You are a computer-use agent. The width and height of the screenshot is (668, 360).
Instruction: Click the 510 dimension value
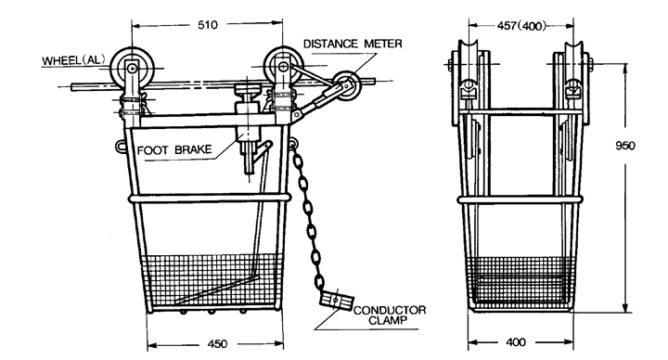point(208,25)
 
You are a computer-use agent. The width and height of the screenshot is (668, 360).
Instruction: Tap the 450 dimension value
point(218,343)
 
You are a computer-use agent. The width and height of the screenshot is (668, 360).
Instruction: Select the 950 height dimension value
point(625,146)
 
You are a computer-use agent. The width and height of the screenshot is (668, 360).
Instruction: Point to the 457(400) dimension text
point(521,26)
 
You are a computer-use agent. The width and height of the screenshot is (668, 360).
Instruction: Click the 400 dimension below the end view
point(516,342)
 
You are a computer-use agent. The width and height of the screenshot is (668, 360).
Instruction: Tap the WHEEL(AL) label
point(73,60)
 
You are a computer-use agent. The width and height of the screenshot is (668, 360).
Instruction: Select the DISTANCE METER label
point(353,44)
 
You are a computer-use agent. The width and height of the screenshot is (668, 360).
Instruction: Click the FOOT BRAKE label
point(174,150)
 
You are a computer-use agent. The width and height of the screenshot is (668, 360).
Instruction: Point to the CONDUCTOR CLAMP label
point(390,315)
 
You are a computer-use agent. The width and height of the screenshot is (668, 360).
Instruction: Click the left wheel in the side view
point(132,67)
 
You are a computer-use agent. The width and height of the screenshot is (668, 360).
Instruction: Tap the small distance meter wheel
point(346,85)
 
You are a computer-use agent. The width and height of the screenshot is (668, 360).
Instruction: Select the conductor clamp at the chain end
point(336,300)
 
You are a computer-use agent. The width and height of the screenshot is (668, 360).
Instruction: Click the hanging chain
point(308,216)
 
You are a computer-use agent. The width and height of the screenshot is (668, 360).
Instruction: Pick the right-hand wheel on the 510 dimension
point(283,66)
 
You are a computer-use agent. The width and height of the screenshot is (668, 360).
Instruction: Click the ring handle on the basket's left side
point(120,146)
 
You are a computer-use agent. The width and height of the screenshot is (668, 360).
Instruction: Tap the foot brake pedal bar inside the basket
point(216,289)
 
